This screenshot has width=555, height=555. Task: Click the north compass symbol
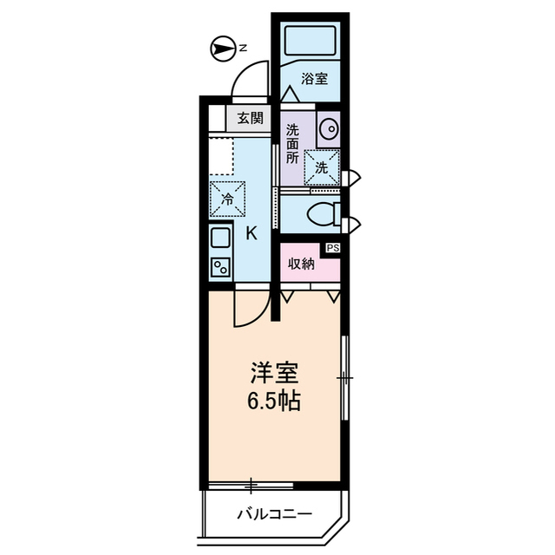pyautogui.click(x=225, y=49)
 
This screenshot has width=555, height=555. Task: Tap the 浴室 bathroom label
pyautogui.click(x=314, y=79)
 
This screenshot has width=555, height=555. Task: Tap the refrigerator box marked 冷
pyautogui.click(x=227, y=198)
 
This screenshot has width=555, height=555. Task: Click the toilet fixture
pyautogui.click(x=324, y=213)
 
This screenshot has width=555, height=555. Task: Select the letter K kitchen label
pyautogui.click(x=252, y=232)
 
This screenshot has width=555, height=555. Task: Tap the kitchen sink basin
pyautogui.click(x=220, y=237)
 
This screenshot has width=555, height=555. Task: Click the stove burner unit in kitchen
pyautogui.click(x=220, y=266)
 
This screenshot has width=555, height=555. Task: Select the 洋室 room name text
pyautogui.click(x=275, y=375)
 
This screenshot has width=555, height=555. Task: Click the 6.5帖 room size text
pyautogui.click(x=275, y=403)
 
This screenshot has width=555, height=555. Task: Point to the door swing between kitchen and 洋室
pyautogui.click(x=251, y=309)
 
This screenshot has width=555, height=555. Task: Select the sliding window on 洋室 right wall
pyautogui.click(x=344, y=378)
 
